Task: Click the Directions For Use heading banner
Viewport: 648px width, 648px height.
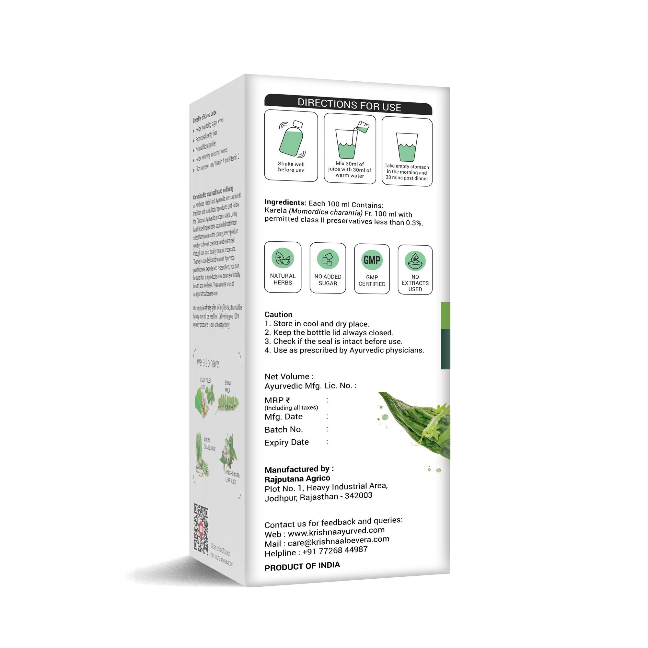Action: click(x=349, y=105)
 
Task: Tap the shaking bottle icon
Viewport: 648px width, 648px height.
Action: click(x=291, y=140)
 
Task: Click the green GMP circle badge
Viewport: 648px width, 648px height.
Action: click(x=372, y=260)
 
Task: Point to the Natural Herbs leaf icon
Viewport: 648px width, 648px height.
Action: click(x=283, y=258)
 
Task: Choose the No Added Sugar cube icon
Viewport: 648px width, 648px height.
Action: click(x=328, y=259)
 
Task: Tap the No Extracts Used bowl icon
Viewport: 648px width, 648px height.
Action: click(x=415, y=260)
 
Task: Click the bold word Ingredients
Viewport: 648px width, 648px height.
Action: click(x=285, y=202)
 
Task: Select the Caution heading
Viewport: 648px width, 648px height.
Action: click(x=278, y=314)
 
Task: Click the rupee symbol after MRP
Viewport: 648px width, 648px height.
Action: click(x=288, y=400)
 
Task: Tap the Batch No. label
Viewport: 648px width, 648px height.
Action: click(x=284, y=429)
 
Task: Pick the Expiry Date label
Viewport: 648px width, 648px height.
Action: click(x=286, y=442)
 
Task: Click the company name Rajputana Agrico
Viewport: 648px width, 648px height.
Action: click(x=297, y=478)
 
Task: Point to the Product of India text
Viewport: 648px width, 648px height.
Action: click(x=302, y=566)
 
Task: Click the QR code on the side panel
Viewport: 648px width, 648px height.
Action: click(x=201, y=529)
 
